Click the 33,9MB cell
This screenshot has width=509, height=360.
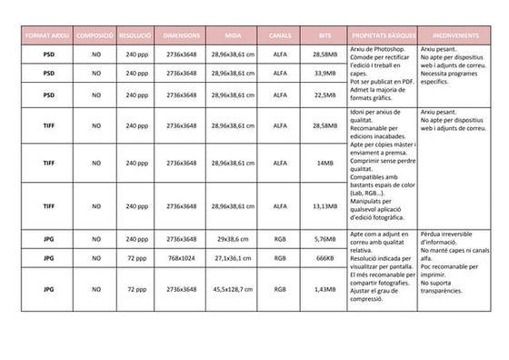325,74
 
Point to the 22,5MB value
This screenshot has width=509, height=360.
325,95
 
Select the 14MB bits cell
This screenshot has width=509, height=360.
325,163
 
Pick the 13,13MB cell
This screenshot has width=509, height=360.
325,206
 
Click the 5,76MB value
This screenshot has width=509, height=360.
325,239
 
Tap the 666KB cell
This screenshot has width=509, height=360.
325,258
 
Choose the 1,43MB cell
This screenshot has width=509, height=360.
325,289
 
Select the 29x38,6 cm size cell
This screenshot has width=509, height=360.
233,239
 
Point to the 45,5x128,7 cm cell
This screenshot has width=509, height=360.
233,289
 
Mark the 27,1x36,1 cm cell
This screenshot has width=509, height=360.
233,258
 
